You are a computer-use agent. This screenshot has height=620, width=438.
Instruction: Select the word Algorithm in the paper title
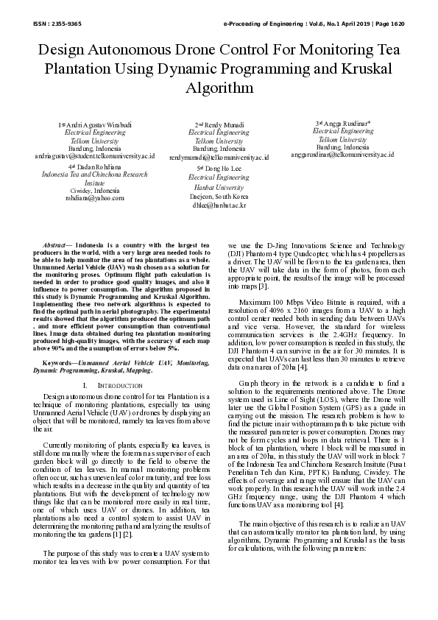tap(219, 87)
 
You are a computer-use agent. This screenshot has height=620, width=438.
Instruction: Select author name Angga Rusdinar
tap(345, 123)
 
